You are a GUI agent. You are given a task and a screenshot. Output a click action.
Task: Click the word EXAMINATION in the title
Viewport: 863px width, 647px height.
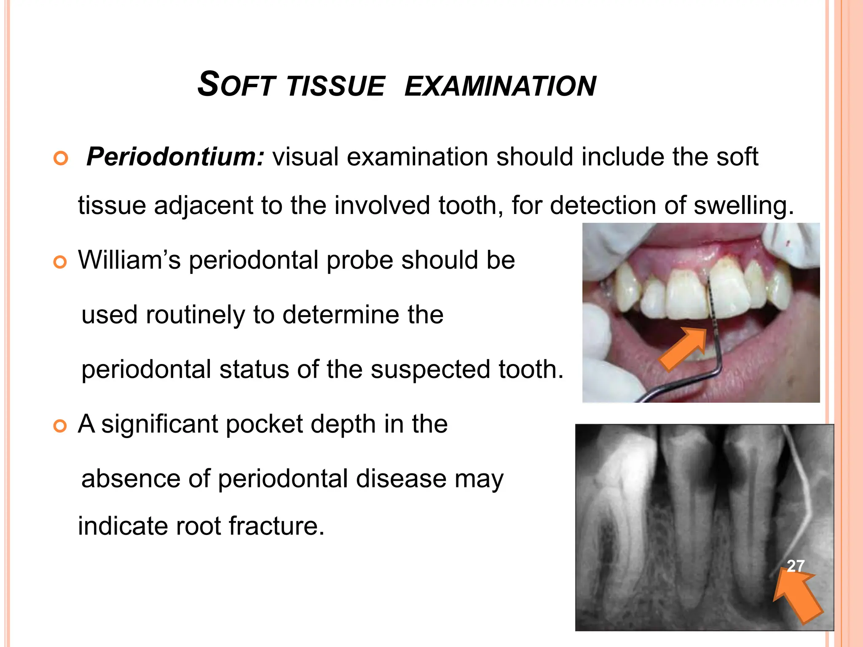coord(500,86)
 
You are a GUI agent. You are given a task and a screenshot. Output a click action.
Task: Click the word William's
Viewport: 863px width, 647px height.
coord(129,260)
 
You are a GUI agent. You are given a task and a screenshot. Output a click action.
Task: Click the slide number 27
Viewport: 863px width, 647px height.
coord(796,566)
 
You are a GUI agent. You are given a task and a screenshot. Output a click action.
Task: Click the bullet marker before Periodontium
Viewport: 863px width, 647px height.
coord(61,159)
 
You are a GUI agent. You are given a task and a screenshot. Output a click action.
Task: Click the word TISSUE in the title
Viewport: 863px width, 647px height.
coord(336,86)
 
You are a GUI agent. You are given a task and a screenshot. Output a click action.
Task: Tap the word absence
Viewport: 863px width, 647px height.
coord(131,479)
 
